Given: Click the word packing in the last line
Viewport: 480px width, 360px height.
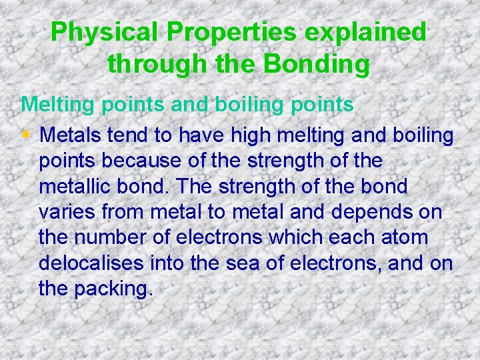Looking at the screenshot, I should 117,289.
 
